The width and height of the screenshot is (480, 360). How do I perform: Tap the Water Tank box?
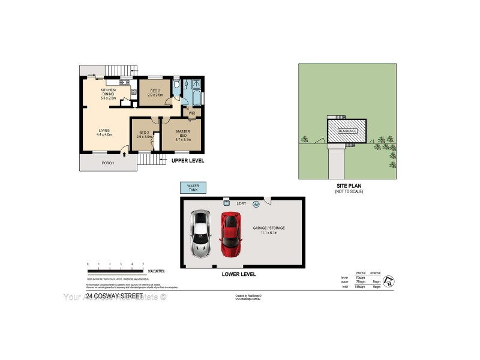pos(193,188)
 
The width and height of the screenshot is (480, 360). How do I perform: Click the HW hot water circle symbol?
pos(256,204)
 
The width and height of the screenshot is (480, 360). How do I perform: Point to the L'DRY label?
pos(242,204)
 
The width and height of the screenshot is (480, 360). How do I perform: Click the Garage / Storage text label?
pos(268,230)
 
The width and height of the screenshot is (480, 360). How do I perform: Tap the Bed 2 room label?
pos(144,134)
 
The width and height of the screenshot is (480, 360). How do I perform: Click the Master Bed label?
pos(183,135)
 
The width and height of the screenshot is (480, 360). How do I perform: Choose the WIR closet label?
pos(192,113)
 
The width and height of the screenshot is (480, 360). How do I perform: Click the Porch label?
pos(108,163)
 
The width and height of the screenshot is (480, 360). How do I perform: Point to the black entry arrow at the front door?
pos(124,155)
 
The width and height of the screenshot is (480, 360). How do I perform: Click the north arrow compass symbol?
pos(390,280)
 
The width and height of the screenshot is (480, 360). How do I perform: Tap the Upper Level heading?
pos(188,161)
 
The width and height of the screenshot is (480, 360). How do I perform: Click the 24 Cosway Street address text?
pos(114,296)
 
